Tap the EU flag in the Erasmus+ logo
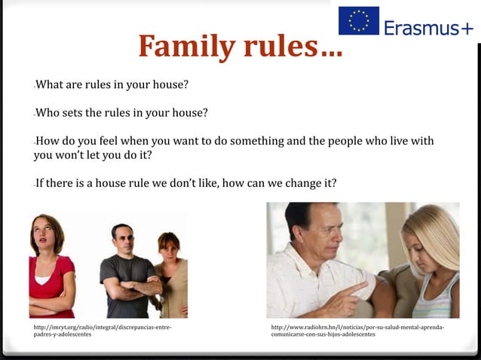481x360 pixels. click(358, 20)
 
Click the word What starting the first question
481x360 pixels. click(54, 84)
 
